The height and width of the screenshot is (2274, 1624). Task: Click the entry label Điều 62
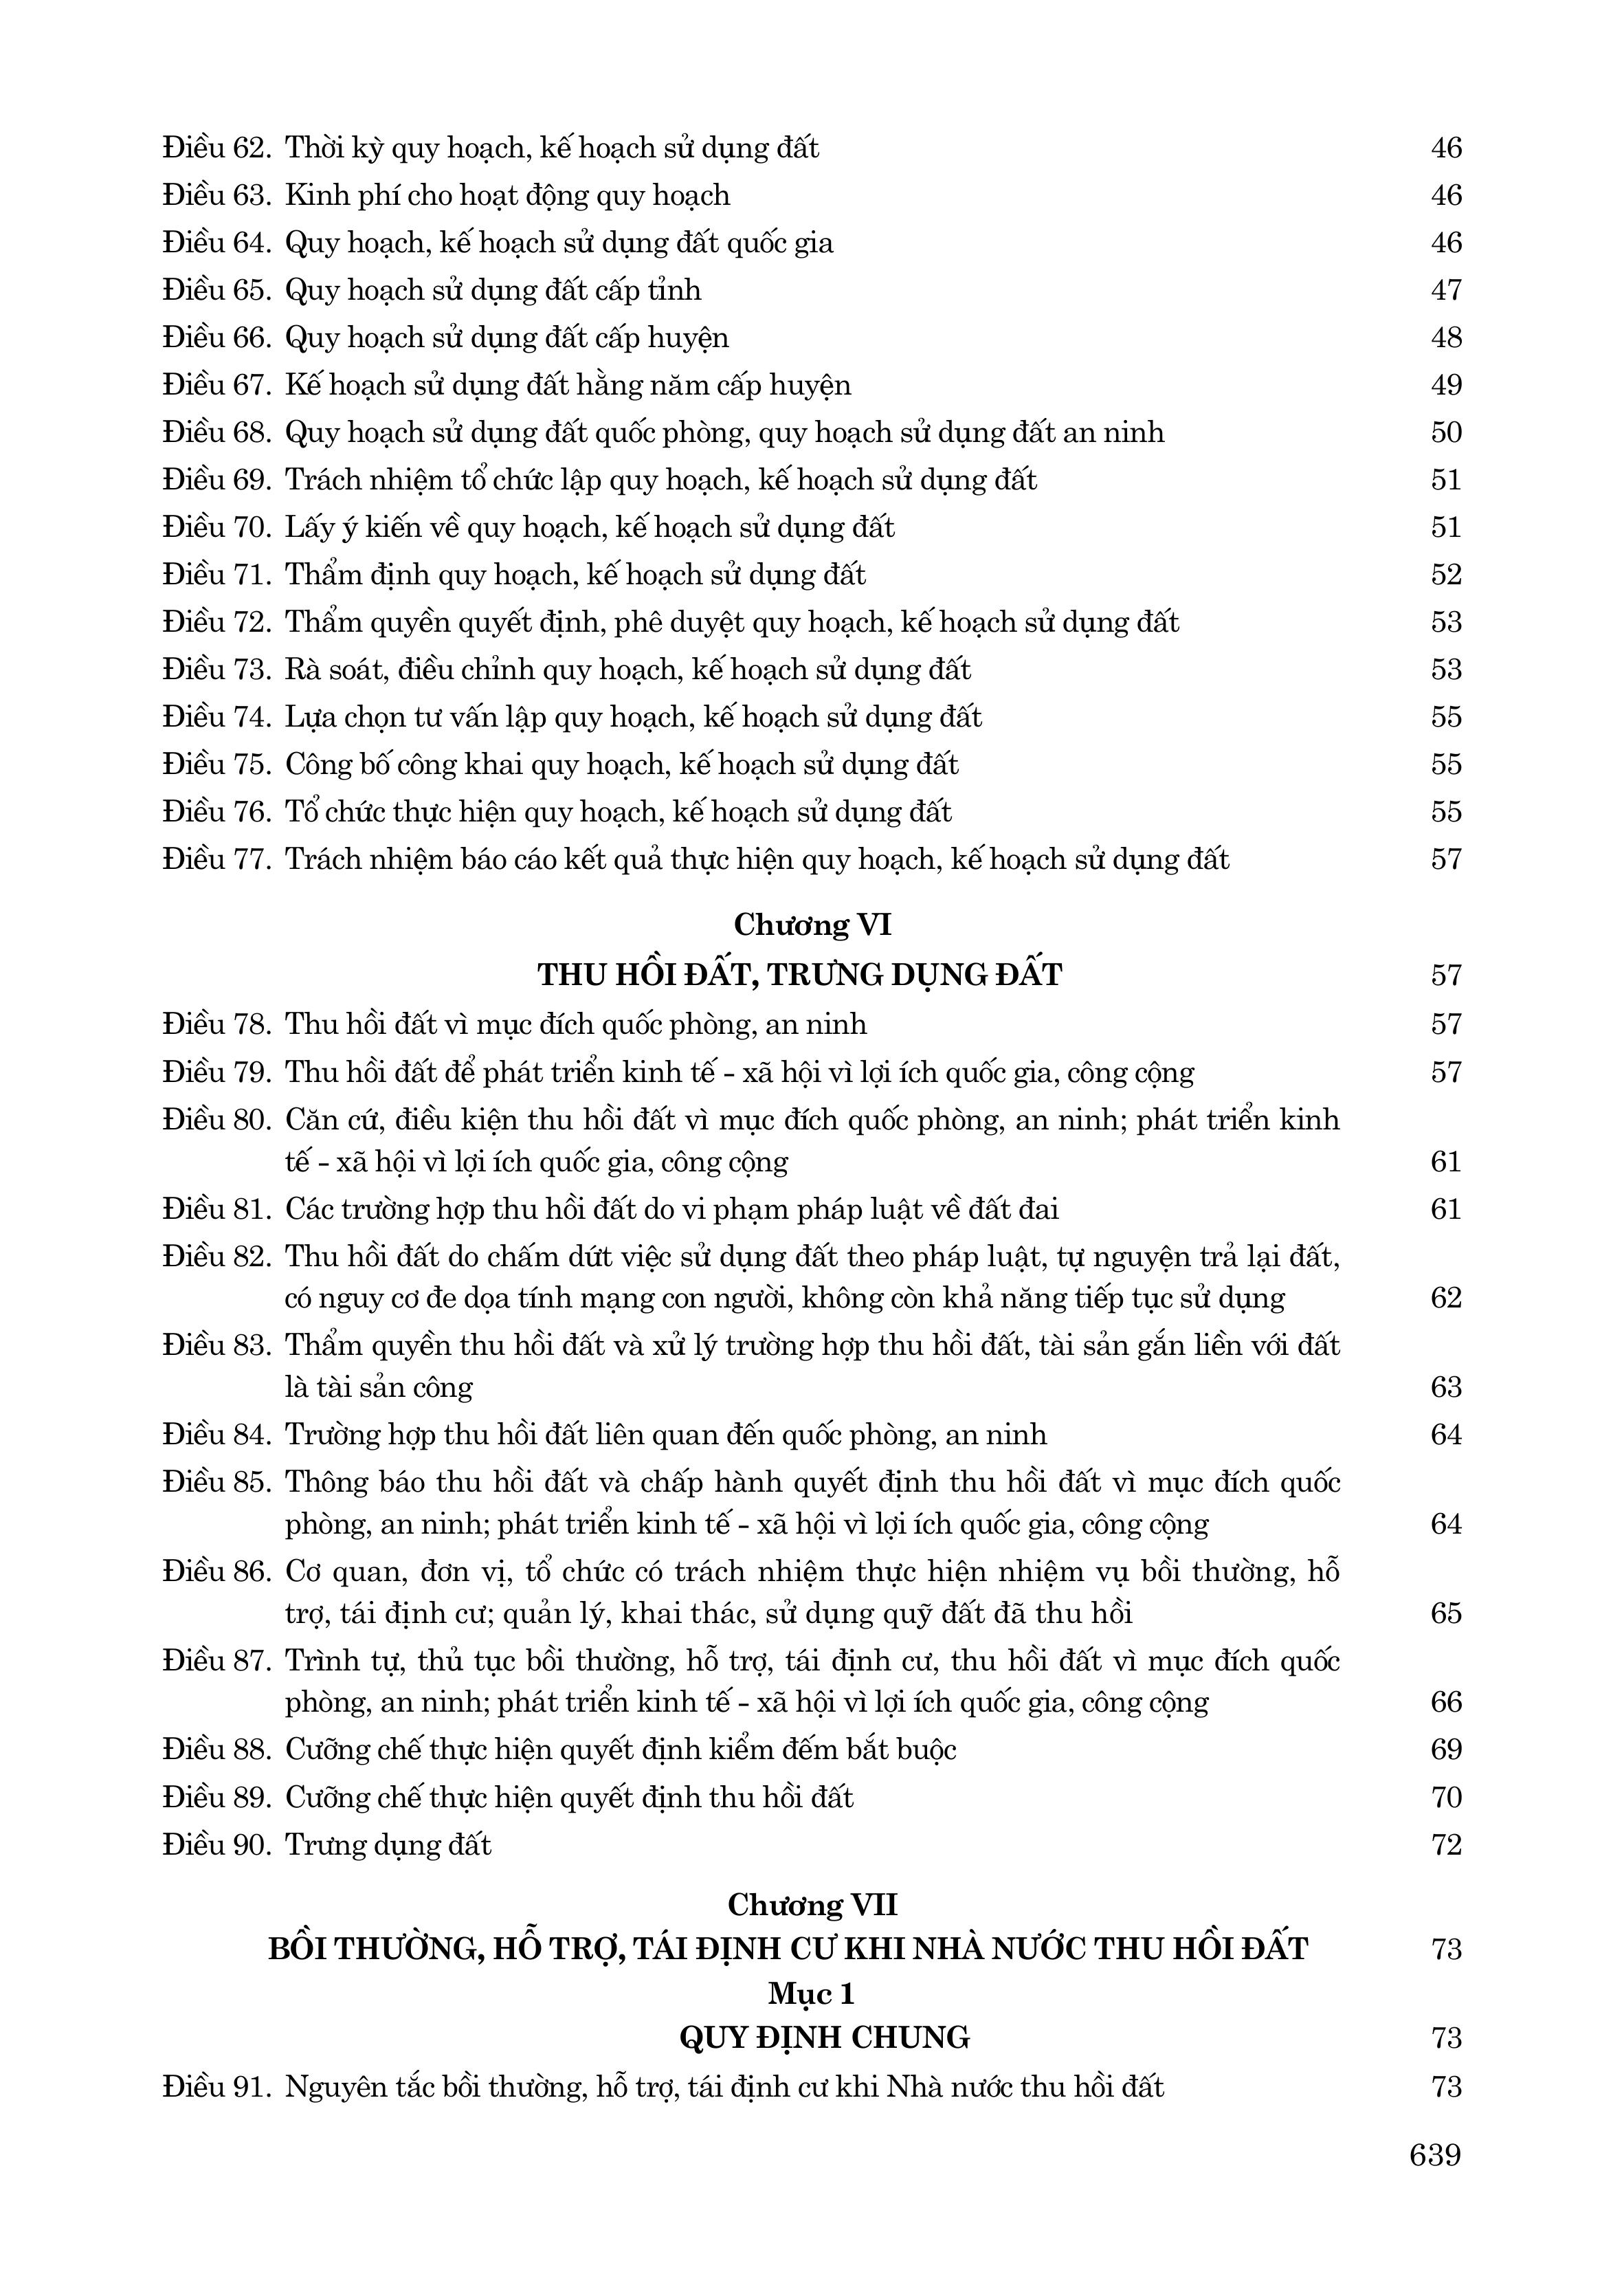(216, 148)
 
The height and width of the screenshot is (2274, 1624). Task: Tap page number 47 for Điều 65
(1446, 290)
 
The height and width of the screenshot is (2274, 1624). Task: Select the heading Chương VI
(812, 925)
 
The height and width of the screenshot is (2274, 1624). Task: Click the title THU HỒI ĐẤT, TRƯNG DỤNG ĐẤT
(799, 974)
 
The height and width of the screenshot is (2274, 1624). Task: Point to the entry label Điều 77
(216, 859)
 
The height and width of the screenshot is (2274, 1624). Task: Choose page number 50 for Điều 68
(1446, 432)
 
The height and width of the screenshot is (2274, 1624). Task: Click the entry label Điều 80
(216, 1119)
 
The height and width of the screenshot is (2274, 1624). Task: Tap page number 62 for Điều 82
(1446, 1297)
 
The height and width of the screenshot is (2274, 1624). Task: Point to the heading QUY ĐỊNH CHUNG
(824, 2037)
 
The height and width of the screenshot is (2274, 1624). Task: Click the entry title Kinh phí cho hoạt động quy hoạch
(507, 195)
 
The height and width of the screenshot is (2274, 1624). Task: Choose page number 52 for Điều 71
(1446, 574)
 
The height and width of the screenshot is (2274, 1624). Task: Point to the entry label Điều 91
(216, 2087)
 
